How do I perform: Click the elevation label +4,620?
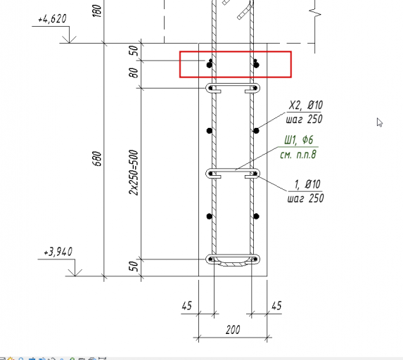[52, 19]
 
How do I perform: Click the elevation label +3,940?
[58, 252]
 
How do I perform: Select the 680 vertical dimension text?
[97, 158]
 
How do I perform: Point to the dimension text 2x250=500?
[134, 172]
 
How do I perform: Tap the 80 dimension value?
[134, 72]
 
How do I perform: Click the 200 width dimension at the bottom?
[233, 330]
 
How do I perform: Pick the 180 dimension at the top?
[97, 11]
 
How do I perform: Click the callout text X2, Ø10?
[306, 105]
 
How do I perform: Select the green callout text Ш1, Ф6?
[299, 140]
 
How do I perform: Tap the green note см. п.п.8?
[298, 155]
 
